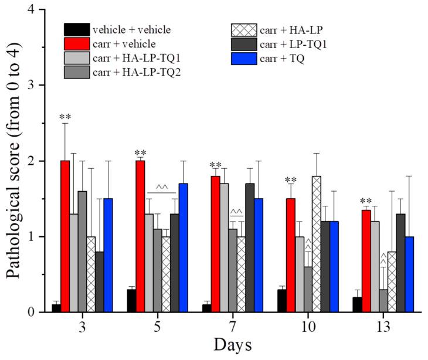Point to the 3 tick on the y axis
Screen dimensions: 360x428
coord(34,86)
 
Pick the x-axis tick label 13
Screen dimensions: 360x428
coord(383,326)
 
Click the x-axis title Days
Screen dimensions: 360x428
coord(233,345)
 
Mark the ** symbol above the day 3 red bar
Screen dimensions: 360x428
coord(65,117)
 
